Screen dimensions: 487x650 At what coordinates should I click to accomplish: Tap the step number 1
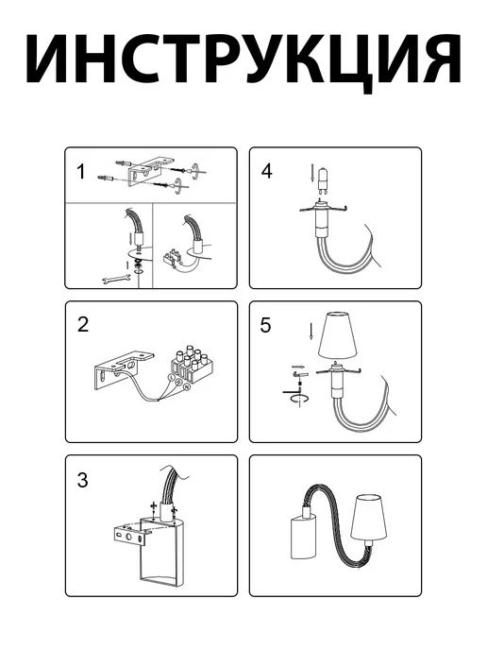[x=81, y=172]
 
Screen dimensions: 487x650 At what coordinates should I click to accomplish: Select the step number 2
[x=83, y=325]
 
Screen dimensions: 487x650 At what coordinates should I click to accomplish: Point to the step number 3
[x=83, y=480]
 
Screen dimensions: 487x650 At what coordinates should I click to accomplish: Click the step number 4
[x=267, y=171]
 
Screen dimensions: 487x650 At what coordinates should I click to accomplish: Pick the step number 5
[x=265, y=325]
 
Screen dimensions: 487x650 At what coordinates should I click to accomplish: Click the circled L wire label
[x=171, y=377]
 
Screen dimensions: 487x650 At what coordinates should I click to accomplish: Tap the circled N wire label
[x=187, y=386]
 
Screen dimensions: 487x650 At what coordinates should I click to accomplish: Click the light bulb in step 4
[x=321, y=180]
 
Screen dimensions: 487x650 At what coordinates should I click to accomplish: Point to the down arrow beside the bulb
[x=311, y=174]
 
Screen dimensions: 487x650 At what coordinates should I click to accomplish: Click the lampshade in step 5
[x=337, y=335]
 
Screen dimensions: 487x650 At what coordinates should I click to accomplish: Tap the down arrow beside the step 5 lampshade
[x=311, y=331]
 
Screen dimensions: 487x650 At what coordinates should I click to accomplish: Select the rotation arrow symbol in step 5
[x=299, y=399]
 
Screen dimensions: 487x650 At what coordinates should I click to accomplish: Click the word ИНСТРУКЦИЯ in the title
[x=243, y=59]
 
